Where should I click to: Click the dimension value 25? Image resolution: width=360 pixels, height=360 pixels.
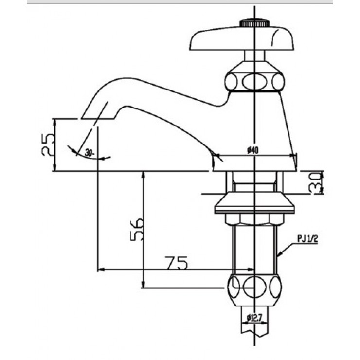coord(47,144)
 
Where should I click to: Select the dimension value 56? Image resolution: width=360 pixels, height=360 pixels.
coord(137,229)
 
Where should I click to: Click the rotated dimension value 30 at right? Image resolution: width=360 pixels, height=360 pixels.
coord(317,182)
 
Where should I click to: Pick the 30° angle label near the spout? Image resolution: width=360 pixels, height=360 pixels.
coord(89,152)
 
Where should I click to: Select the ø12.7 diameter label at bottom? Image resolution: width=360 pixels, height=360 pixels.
coord(255,318)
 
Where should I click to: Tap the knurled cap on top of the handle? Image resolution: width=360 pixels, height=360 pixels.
coord(255,23)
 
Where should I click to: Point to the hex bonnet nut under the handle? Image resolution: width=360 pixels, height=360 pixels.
coord(254,80)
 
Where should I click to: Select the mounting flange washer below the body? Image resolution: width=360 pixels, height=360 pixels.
coord(255,204)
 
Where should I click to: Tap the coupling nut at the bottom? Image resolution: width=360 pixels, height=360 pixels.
coord(255,287)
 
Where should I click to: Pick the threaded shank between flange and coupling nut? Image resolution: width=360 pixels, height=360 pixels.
coord(255,248)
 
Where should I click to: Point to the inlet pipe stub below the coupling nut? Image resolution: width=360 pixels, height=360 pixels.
coord(255,331)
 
